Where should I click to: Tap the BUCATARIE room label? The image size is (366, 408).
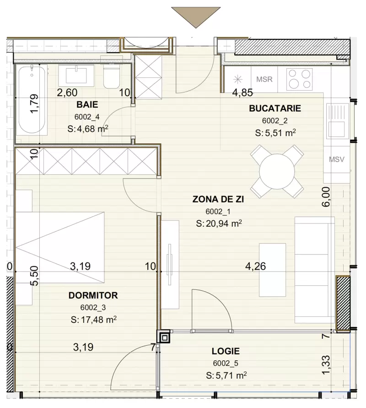point(274,109)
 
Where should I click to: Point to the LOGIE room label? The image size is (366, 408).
point(226,352)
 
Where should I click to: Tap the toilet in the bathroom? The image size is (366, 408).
point(111,77)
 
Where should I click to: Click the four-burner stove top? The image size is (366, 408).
point(299,79)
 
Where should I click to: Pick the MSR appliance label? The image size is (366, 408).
point(264,79)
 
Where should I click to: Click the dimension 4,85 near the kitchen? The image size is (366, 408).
point(242,93)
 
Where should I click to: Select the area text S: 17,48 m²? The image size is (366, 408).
point(92,319)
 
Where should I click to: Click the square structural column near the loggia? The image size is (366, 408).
point(163,337)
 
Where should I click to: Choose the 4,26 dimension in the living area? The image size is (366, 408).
point(255,265)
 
